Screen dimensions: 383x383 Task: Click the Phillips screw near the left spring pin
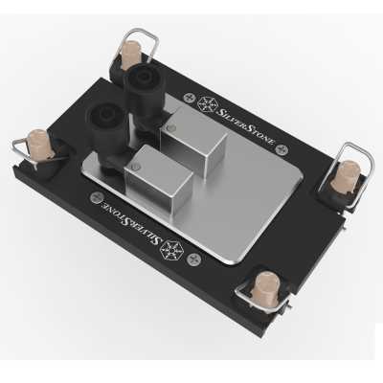[97, 199]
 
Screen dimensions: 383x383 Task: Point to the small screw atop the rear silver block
[169, 124]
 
